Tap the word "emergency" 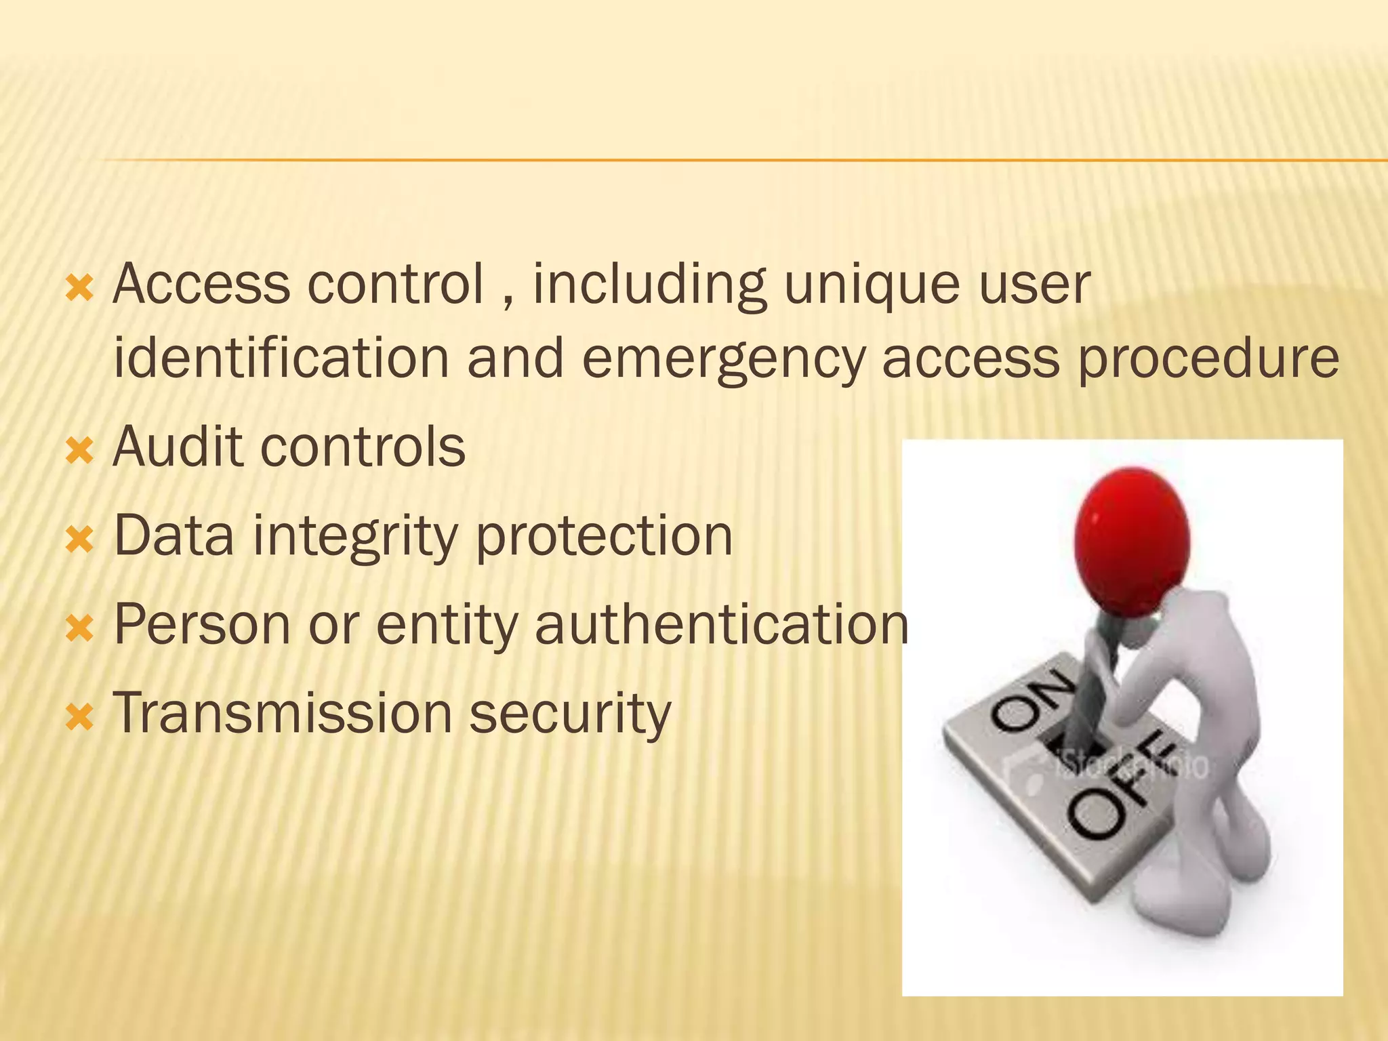tap(722, 359)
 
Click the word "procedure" tap(1208, 359)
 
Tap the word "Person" tap(202, 624)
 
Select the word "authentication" tap(721, 624)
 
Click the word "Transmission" tap(282, 713)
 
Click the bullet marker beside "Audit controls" tap(79, 451)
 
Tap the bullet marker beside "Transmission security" tap(79, 717)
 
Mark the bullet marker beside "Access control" tap(79, 289)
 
